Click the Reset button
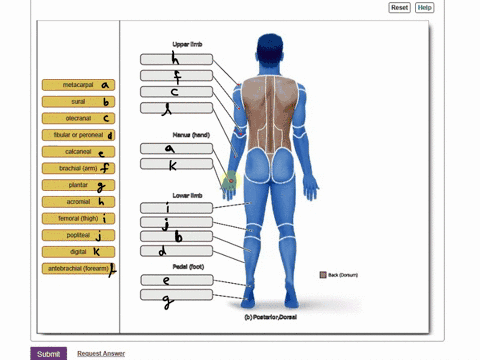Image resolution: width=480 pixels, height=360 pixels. tap(399, 7)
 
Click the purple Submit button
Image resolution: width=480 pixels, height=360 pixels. tap(48, 353)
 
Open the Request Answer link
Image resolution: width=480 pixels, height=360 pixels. tap(101, 353)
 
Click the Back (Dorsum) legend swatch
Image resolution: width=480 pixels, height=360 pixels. tap(323, 275)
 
